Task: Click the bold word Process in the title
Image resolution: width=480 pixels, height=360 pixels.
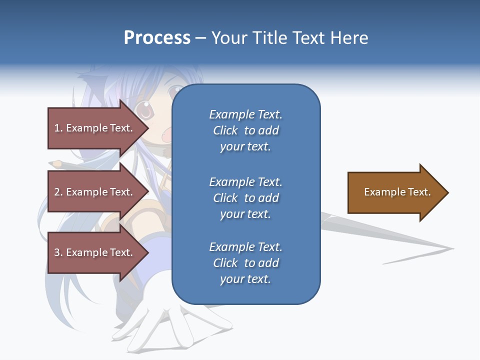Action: (157, 38)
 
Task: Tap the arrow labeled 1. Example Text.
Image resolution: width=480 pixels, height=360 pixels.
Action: (95, 128)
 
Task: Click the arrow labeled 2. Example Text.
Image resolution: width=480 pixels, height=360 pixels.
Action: (95, 192)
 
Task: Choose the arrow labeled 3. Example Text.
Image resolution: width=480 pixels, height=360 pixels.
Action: (95, 252)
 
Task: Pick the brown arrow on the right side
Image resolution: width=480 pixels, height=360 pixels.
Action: (395, 192)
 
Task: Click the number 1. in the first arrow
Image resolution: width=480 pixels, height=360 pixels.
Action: (58, 128)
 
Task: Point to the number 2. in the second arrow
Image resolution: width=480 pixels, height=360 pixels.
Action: (58, 192)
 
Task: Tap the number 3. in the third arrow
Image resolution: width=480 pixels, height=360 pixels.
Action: (58, 252)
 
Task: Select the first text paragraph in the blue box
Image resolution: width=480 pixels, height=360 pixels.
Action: (245, 130)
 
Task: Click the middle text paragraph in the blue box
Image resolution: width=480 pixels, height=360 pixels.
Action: (245, 198)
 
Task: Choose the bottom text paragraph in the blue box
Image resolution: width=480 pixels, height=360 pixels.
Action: (245, 263)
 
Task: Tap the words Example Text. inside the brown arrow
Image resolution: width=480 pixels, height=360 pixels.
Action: (397, 192)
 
